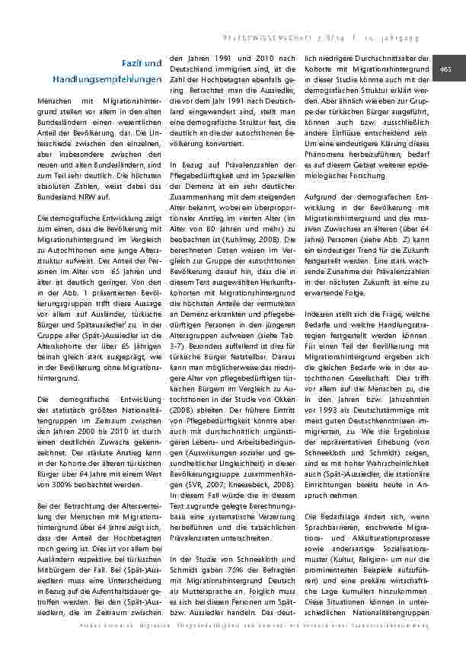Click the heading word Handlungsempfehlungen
click(107, 79)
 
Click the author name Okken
click(286, 397)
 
